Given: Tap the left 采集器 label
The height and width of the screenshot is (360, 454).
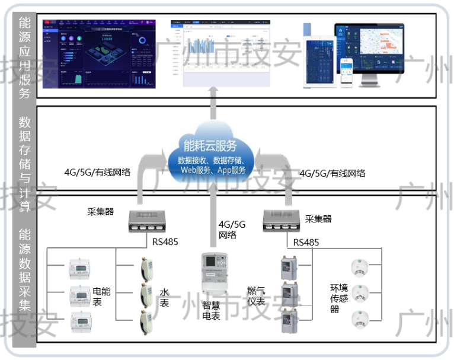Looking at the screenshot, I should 100,212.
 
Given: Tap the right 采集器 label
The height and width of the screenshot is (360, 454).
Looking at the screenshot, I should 318,219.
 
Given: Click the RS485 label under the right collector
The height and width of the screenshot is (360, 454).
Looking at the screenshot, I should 306,243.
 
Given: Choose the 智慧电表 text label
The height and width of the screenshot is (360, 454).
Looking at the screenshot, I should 211,311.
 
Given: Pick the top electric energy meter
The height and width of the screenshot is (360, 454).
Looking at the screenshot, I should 81,267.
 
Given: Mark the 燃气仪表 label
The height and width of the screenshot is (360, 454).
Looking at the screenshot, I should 256,296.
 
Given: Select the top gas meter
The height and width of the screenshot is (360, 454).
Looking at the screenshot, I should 289,268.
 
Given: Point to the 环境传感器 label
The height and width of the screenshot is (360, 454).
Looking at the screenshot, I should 339,298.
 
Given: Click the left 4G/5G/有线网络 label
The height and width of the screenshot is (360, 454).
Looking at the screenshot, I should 97,173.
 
